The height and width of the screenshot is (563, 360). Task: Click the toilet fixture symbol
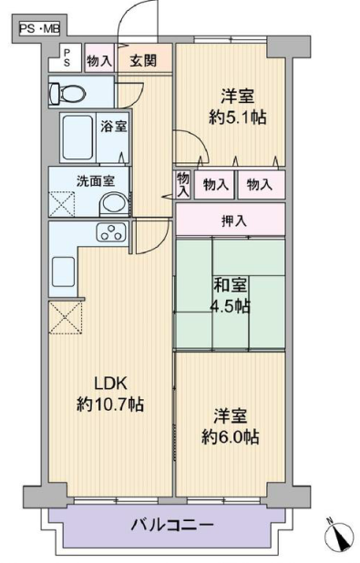[x=67, y=92]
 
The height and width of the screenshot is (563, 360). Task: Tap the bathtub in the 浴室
[x=78, y=138]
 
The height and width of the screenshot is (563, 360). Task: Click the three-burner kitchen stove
[x=111, y=231]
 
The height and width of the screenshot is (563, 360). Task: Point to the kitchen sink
[x=63, y=271]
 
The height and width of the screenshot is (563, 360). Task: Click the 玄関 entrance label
[x=144, y=61]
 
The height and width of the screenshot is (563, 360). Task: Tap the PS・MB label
[x=39, y=28]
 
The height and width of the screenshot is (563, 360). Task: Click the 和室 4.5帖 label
[x=231, y=296]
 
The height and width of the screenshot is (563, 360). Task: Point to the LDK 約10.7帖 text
[x=110, y=394]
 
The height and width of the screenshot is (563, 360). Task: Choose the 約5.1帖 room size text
[x=238, y=117]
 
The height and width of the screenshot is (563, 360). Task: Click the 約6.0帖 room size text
[x=231, y=437]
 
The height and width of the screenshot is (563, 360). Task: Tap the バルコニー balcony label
[x=172, y=526]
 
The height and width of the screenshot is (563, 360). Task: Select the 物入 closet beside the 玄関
[x=99, y=60]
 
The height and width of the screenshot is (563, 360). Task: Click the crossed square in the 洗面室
[x=62, y=204]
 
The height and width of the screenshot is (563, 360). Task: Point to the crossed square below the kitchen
[x=66, y=317]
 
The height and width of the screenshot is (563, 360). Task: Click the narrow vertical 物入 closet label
[x=183, y=184]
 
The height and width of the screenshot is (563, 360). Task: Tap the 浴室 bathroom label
[x=113, y=126]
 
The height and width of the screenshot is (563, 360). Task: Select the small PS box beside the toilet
[x=67, y=57]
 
